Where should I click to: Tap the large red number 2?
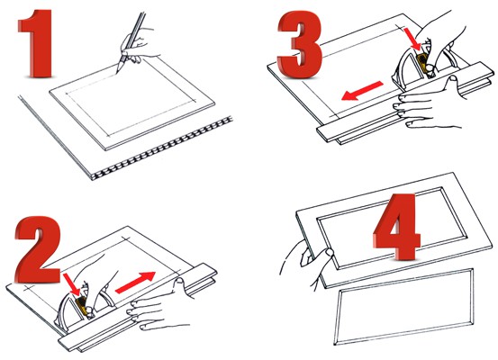[x=39, y=250]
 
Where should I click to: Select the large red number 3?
[x=300, y=44]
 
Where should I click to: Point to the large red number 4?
[x=396, y=227]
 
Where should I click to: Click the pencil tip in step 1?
[x=116, y=73]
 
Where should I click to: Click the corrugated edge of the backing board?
[x=162, y=148]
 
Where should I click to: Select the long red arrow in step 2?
[x=135, y=283]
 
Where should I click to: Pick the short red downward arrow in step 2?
[x=71, y=283]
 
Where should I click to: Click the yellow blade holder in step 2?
[x=82, y=306]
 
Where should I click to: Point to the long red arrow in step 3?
[x=362, y=91]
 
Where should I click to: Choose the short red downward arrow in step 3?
[x=412, y=39]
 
